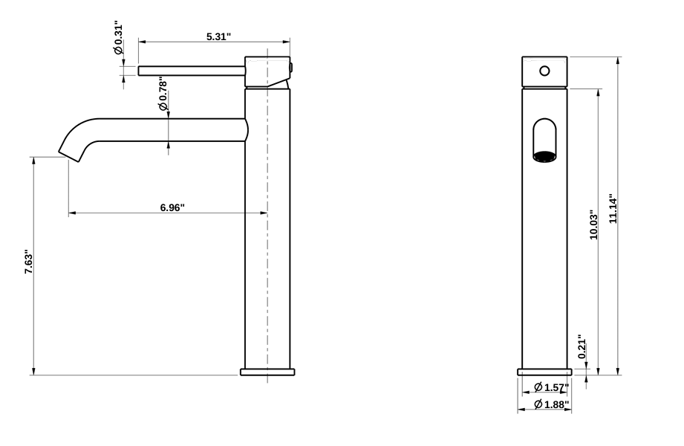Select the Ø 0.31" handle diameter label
117,39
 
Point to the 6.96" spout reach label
172,207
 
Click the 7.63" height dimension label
28,262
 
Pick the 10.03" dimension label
593,224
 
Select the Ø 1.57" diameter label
551,387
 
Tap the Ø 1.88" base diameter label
551,404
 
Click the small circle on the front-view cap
544,71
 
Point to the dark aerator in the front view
544,156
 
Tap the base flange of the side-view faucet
267,371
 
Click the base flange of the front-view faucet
544,371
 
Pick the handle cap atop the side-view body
267,71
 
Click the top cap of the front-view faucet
544,72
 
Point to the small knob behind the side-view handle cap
292,68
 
